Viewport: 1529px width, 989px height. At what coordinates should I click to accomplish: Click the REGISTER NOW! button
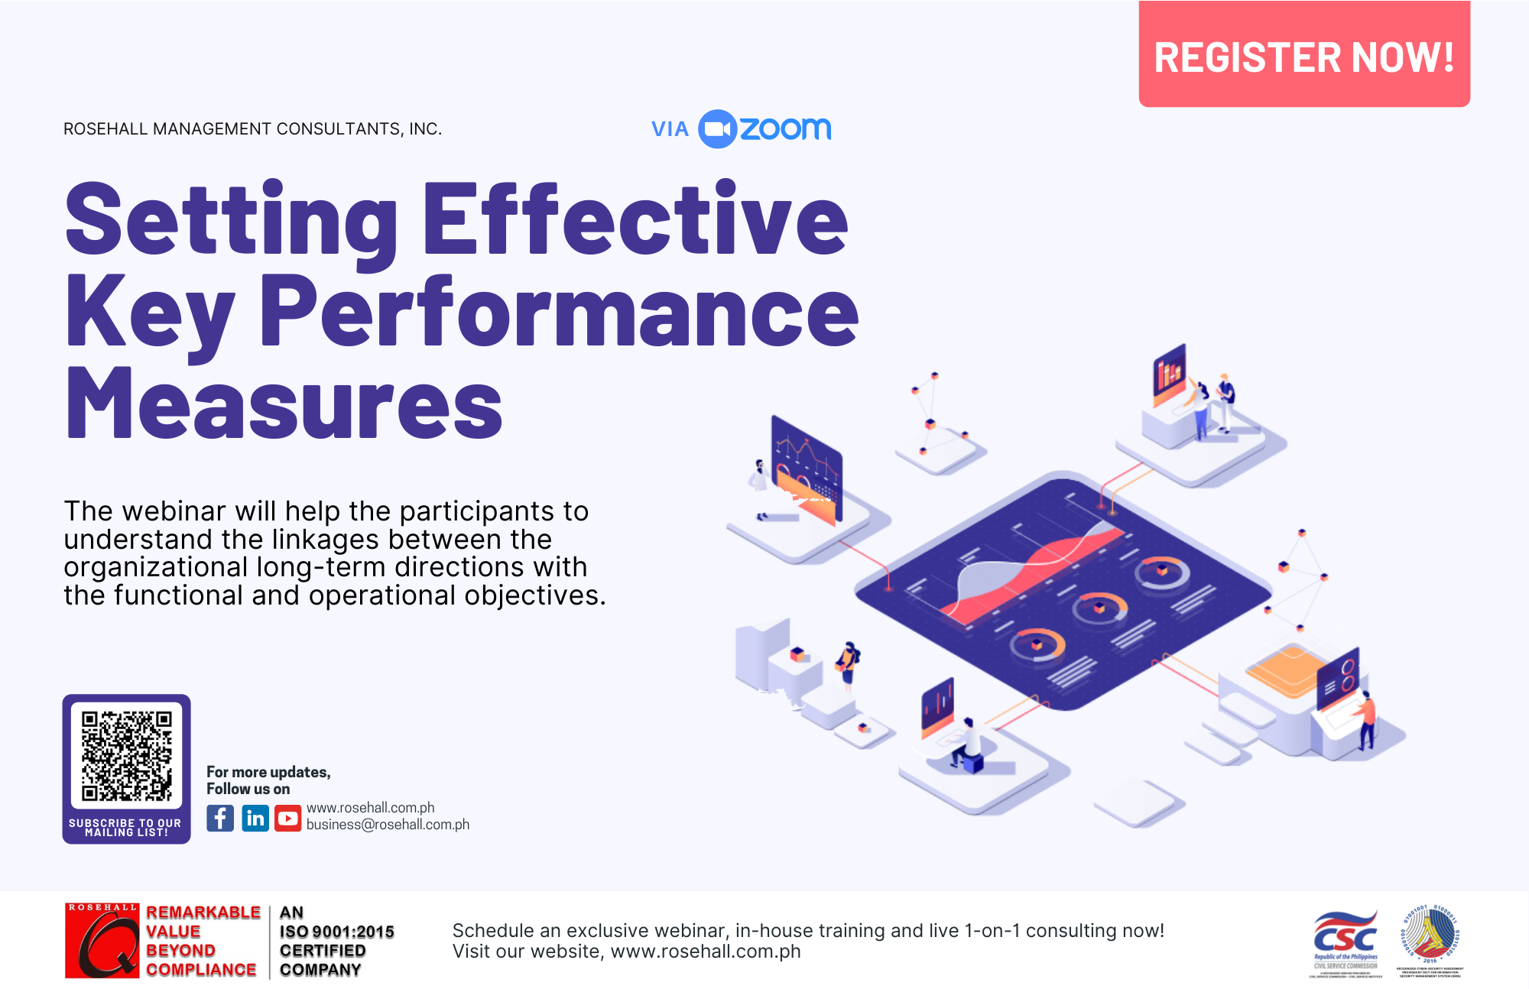coord(1303,56)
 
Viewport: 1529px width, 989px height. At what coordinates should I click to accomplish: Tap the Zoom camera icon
coord(717,129)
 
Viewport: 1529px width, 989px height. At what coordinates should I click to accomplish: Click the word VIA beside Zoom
coord(670,129)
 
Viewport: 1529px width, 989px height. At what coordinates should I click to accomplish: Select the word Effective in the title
coord(635,219)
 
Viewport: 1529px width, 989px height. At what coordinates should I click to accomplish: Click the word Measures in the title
coord(284,403)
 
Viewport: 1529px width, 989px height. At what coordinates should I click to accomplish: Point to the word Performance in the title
coord(558,312)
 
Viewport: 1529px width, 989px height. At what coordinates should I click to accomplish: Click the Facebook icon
coord(220,819)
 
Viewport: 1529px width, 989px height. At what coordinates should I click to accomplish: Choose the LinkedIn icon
coord(255,819)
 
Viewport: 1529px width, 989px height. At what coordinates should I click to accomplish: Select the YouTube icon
coord(288,819)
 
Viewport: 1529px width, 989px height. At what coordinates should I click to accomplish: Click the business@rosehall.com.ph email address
coord(388,825)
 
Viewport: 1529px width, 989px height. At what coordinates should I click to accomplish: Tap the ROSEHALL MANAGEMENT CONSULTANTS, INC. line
coord(252,129)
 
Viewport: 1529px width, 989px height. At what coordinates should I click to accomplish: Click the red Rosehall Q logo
coord(102,941)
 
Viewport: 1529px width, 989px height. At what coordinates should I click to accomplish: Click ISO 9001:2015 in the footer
coord(336,932)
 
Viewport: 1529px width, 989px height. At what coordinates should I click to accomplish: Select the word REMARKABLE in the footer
coord(203,913)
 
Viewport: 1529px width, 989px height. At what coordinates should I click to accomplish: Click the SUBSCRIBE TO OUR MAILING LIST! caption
coord(125,828)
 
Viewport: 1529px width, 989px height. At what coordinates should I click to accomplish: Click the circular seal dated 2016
coord(1430,936)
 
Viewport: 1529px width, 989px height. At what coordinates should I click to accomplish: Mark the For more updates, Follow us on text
coord(268,780)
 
